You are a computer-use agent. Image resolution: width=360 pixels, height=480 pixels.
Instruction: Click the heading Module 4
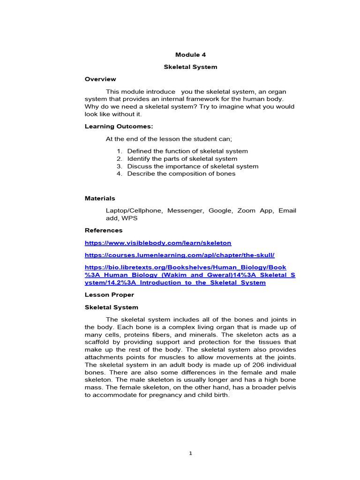(x=190, y=55)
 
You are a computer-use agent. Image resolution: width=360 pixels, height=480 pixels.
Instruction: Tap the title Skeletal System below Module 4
(x=190, y=67)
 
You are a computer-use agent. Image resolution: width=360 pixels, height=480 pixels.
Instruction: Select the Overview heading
(x=100, y=79)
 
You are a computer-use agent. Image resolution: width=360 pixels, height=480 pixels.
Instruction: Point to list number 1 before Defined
(x=120, y=151)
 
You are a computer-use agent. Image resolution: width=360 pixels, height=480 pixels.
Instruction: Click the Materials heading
(x=100, y=199)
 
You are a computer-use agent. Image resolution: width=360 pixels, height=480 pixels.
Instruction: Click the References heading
(x=104, y=231)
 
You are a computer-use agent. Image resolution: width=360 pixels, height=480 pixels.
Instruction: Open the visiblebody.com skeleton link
(x=158, y=243)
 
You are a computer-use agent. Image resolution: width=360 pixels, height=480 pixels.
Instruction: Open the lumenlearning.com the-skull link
(x=180, y=255)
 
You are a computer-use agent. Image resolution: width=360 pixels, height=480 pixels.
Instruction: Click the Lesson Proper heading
(x=109, y=295)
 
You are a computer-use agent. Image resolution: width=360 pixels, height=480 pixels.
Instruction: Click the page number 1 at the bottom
(x=190, y=453)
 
